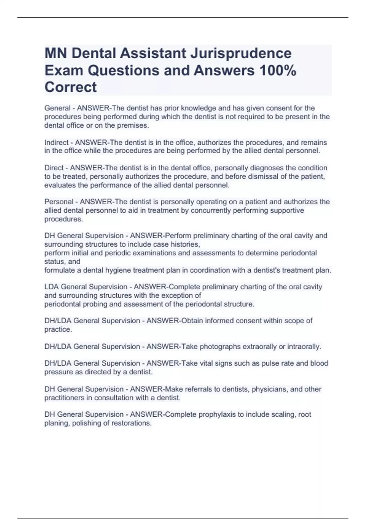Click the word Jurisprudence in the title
click(241, 53)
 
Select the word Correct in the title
click(70, 87)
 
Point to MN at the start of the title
click(56, 53)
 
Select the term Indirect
click(56, 143)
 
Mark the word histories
click(185, 244)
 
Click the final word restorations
click(131, 423)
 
